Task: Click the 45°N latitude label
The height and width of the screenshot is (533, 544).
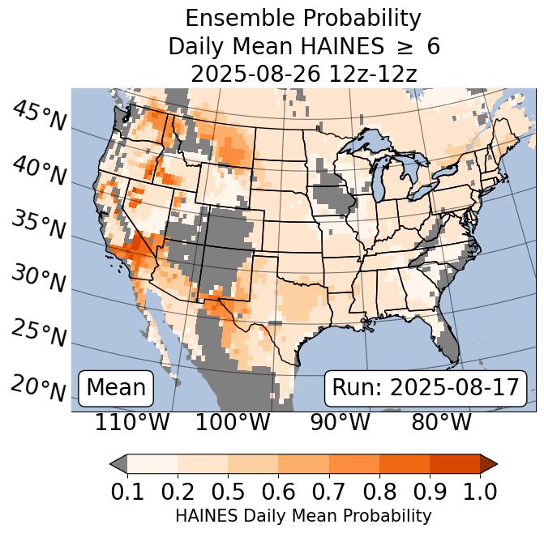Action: [39, 117]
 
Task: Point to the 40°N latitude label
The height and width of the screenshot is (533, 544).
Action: [39, 171]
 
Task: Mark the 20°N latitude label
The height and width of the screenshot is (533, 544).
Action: [39, 387]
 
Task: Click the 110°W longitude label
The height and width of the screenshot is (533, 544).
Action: [132, 423]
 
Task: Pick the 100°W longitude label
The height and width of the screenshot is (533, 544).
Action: [233, 423]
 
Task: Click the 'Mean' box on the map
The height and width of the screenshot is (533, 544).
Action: [116, 388]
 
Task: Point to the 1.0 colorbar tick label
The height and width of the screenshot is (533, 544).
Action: [480, 491]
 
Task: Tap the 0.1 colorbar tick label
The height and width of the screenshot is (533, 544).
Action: [127, 491]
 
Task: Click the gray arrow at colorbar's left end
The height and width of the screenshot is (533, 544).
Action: [118, 463]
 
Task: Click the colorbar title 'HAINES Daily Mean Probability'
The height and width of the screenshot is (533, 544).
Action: [303, 515]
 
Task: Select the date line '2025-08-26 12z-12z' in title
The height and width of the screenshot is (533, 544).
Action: [303, 74]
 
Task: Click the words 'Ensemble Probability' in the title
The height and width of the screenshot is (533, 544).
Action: [303, 19]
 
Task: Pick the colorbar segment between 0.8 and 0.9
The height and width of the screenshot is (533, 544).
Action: [405, 463]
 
